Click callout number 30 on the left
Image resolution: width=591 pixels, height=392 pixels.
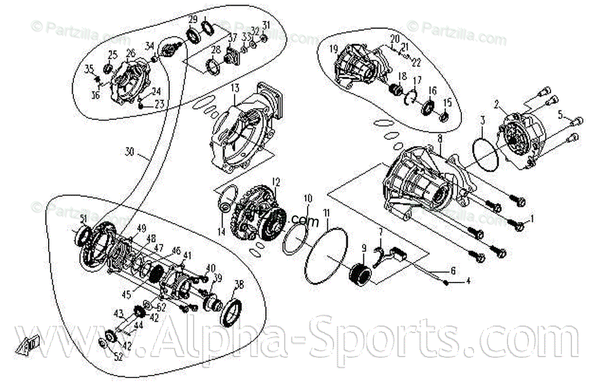pyautogui.click(x=130, y=153)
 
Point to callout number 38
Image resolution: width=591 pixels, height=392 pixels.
pyautogui.click(x=239, y=284)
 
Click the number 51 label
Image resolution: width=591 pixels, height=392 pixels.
pyautogui.click(x=83, y=218)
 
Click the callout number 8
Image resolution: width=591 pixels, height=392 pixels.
pyautogui.click(x=439, y=137)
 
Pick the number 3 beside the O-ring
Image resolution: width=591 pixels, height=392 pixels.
pyautogui.click(x=482, y=120)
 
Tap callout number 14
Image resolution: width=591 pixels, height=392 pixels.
pyautogui.click(x=221, y=232)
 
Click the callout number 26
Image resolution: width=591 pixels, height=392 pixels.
pyautogui.click(x=130, y=53)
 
